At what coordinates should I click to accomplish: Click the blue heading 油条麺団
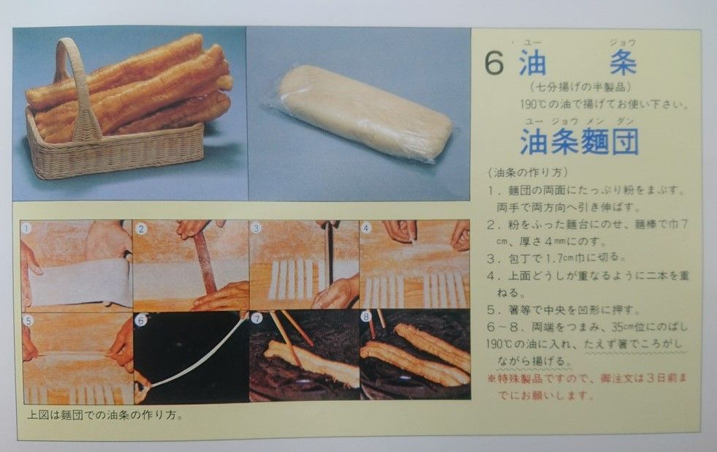(579, 141)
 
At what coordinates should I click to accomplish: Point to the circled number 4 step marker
(366, 227)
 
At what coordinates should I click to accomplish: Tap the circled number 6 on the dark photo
(141, 320)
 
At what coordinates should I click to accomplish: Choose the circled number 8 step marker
(366, 317)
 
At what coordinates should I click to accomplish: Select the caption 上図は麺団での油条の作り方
(105, 415)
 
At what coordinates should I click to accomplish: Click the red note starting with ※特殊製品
(587, 387)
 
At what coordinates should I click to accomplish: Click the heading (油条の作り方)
(528, 173)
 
